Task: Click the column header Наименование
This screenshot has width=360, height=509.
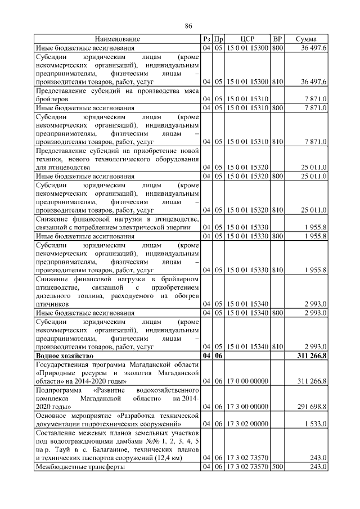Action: tap(118, 39)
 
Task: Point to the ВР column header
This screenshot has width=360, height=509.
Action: tap(277, 39)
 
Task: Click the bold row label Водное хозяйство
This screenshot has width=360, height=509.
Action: tap(65, 357)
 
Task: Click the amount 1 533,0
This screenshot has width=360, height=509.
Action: tap(316, 423)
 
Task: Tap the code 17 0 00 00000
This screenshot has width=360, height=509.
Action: tap(247, 381)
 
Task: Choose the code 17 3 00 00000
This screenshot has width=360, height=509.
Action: tap(247, 406)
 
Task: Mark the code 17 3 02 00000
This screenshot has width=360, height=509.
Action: tap(247, 423)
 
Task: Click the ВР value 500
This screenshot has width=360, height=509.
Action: tap(277, 467)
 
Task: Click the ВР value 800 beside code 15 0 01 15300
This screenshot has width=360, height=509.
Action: tap(277, 49)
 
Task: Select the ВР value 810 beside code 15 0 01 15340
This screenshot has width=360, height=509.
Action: tap(277, 346)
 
